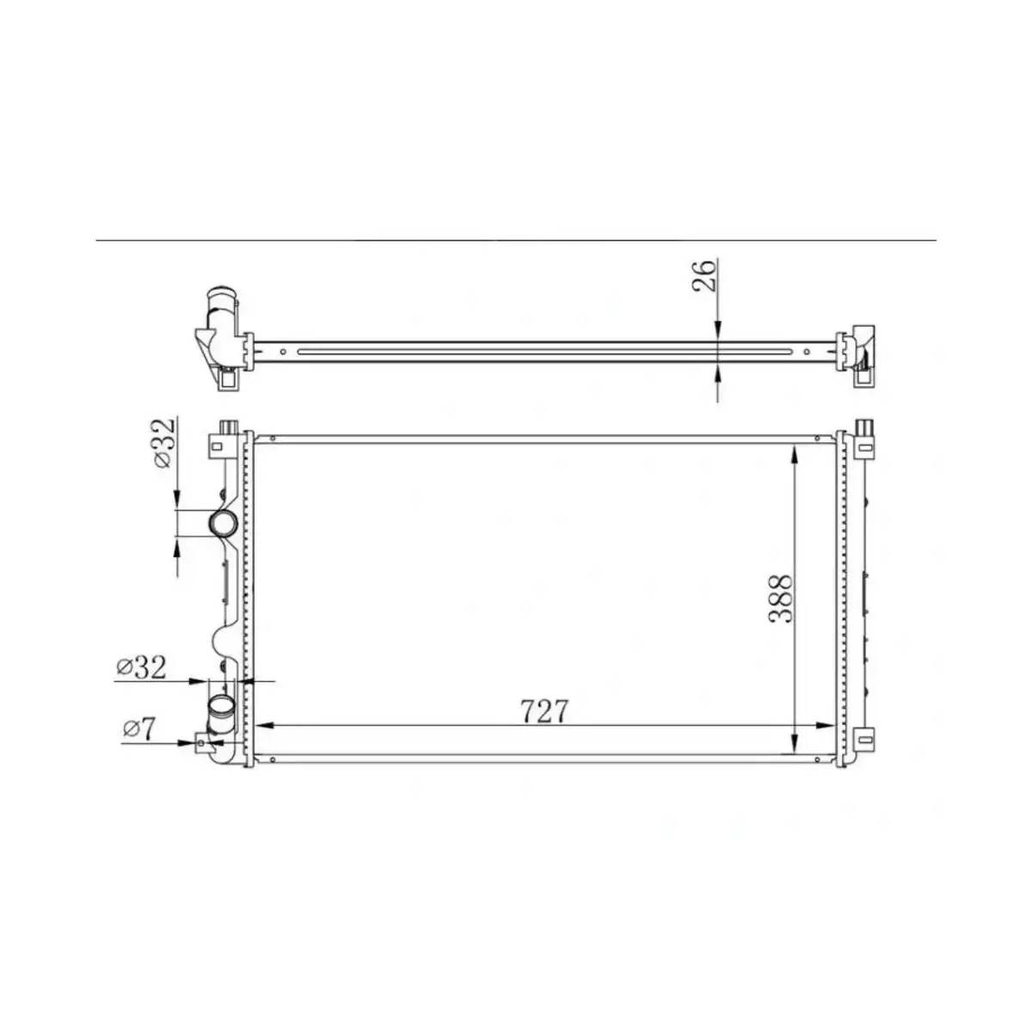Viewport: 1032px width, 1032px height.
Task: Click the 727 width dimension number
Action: pyautogui.click(x=544, y=711)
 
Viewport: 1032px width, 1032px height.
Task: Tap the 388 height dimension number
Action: pyautogui.click(x=781, y=599)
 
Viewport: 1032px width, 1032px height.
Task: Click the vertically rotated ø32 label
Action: pyautogui.click(x=164, y=443)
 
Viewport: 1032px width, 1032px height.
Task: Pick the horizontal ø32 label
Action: pyautogui.click(x=140, y=666)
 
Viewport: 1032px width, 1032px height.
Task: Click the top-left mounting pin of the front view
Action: pyautogui.click(x=229, y=427)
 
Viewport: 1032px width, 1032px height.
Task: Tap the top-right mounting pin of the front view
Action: pyautogui.click(x=864, y=427)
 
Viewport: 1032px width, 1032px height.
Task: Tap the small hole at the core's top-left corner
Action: pyautogui.click(x=273, y=439)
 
